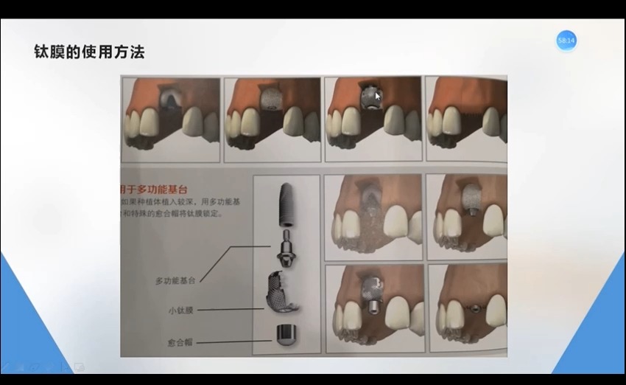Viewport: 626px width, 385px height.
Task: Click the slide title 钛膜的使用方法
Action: pos(89,52)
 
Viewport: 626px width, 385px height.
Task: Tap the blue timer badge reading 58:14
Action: pos(566,41)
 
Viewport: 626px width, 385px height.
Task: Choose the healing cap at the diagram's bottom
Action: pos(284,336)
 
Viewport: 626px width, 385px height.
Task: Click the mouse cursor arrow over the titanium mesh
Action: pos(378,95)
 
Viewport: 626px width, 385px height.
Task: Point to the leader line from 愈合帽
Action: pos(232,342)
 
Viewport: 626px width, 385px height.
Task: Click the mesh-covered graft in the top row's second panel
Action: pos(272,97)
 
